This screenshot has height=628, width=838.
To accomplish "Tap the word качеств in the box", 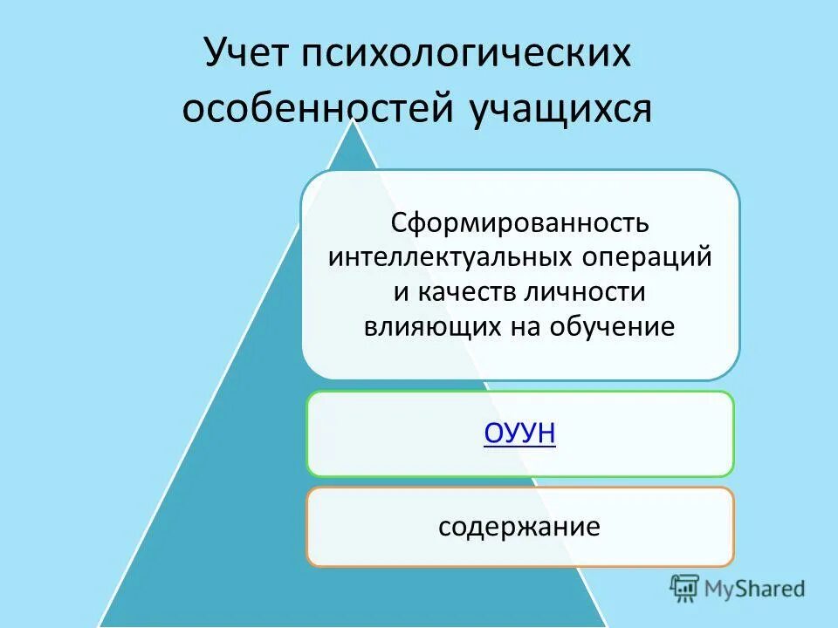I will tap(463, 291).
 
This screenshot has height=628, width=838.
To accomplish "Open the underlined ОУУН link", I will tap(519, 433).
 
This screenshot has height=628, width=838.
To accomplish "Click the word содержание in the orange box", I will tap(519, 527).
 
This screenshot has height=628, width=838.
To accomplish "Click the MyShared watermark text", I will tap(756, 589).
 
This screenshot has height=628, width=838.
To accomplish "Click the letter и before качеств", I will tap(401, 292).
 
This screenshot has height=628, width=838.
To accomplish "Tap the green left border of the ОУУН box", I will tap(307, 433).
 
